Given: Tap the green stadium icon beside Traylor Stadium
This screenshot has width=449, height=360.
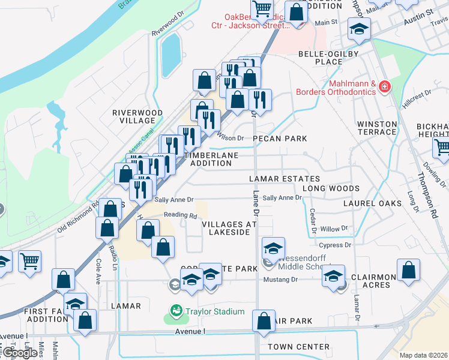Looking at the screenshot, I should [175, 311].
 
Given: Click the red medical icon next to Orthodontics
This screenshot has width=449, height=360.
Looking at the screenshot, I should [385, 88].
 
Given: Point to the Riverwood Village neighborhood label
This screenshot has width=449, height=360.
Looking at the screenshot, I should [137, 116].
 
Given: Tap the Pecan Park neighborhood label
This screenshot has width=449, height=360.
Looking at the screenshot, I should [280, 139].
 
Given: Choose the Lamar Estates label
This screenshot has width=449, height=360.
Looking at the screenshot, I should [285, 179].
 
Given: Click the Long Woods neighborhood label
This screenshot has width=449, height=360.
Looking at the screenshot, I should [331, 188].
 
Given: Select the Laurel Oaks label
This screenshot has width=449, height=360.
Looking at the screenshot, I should [372, 203].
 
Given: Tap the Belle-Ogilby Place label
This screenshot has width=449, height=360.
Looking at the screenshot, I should [328, 58].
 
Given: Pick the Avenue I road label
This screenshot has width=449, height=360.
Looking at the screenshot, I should [190, 331].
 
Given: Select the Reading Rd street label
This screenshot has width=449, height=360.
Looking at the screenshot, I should [180, 215].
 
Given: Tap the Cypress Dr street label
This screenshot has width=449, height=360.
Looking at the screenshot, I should [335, 245].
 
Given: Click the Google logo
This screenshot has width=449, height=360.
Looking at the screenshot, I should [20, 353].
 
